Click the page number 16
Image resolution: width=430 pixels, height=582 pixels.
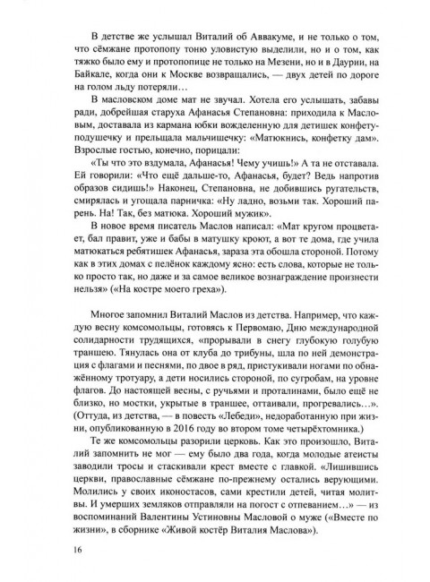pyautogui.click(x=56, y=549)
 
